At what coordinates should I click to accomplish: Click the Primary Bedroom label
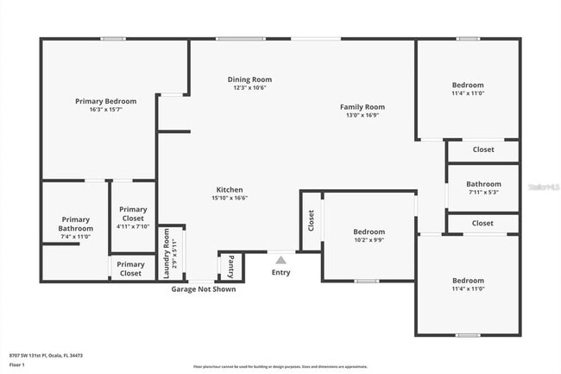105,101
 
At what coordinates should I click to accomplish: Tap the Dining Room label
249,79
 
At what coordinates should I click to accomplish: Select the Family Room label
362,106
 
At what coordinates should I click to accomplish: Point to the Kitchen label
229,189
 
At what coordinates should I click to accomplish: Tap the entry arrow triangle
280,257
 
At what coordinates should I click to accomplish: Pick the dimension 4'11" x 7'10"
133,226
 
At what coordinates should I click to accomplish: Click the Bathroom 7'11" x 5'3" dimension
483,193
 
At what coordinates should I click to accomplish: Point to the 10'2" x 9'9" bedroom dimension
369,240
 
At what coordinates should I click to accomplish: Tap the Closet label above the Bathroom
483,149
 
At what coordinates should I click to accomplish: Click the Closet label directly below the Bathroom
483,223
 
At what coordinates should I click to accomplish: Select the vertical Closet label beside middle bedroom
311,221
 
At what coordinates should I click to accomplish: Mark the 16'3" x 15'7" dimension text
105,110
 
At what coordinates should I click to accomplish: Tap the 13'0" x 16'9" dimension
362,115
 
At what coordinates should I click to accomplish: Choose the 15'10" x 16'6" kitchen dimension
229,198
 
